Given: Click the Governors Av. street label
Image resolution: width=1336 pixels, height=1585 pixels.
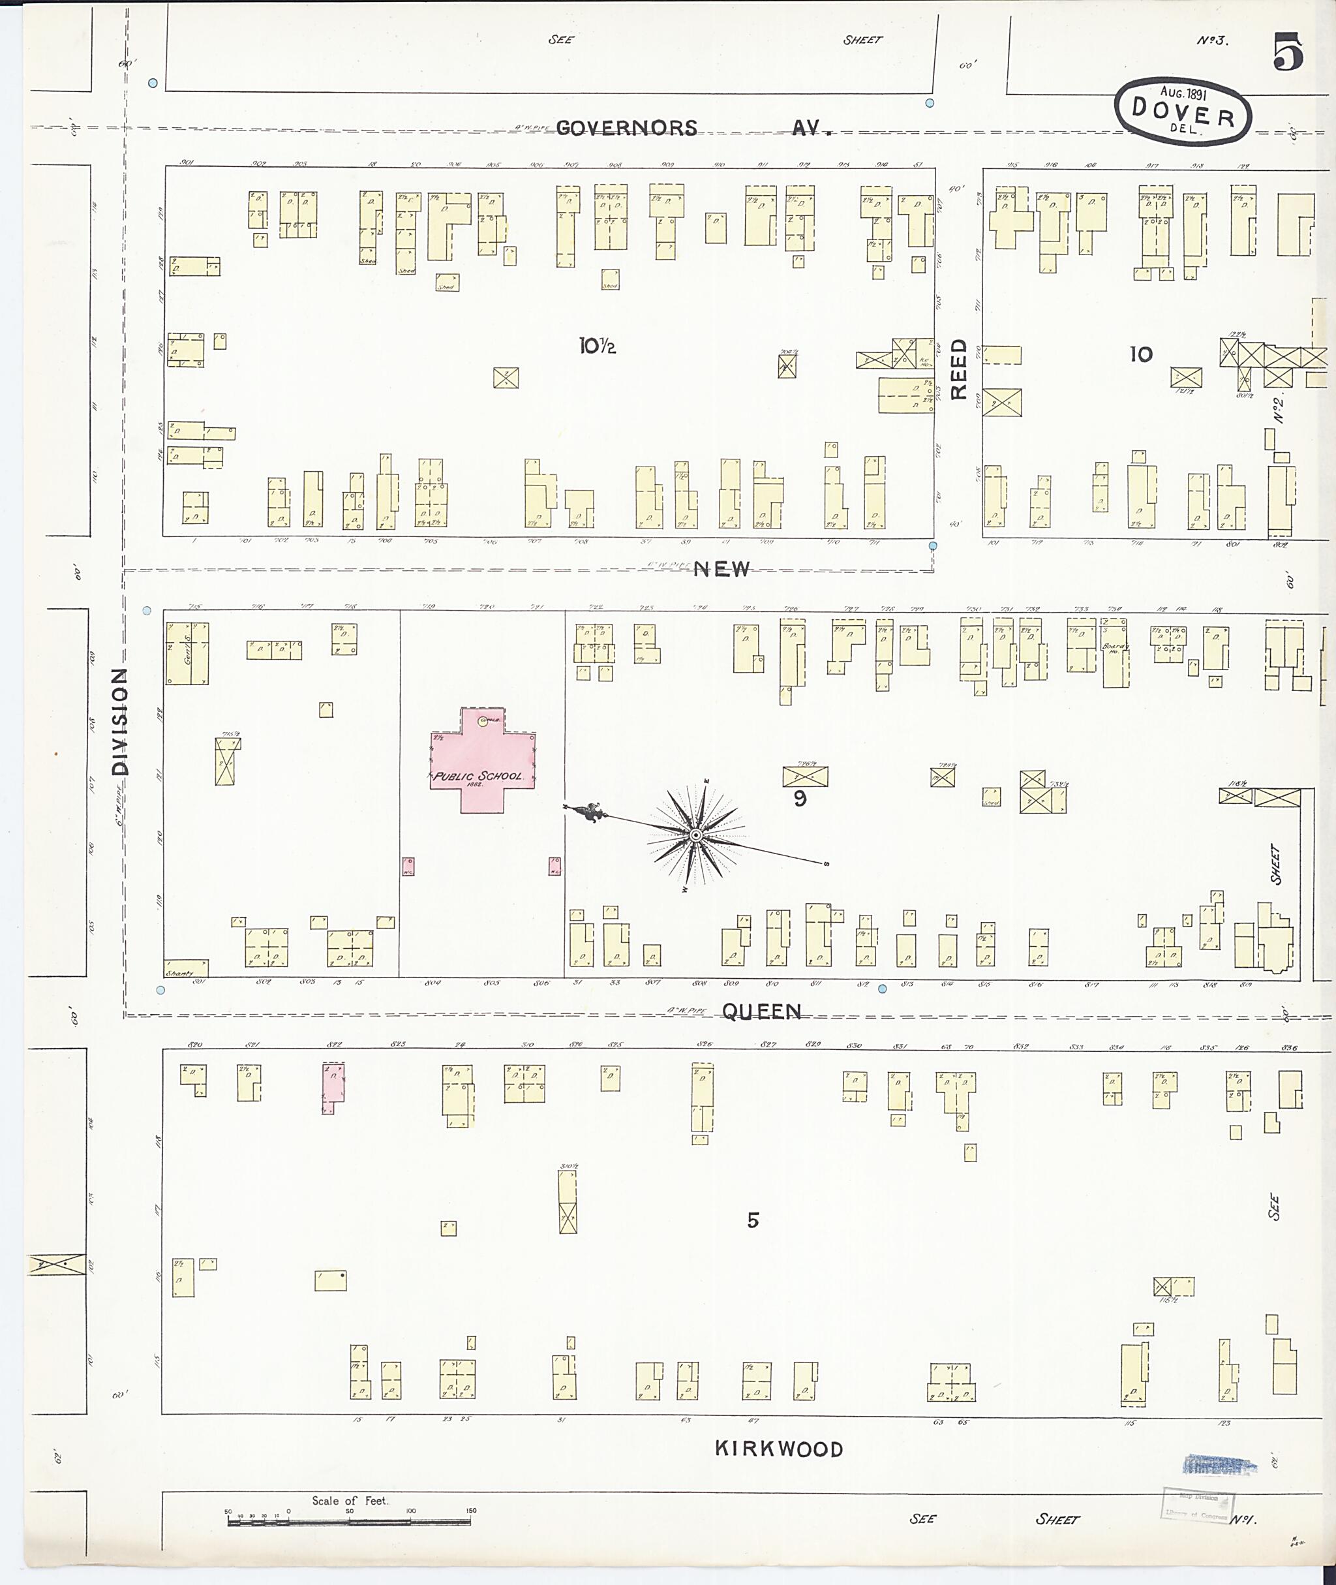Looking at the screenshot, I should coord(693,128).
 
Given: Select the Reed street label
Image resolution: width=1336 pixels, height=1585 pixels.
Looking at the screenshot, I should coord(959,369).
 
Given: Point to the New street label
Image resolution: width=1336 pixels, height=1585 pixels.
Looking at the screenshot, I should coord(721,569).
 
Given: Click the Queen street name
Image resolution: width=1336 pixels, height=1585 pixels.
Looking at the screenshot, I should coord(761,1011).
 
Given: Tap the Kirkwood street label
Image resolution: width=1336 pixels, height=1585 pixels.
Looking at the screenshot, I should coord(779,1449).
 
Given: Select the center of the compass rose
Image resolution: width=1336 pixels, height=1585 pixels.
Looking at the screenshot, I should coord(695,835).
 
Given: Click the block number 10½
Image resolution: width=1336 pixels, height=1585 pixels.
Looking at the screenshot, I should coord(598,346).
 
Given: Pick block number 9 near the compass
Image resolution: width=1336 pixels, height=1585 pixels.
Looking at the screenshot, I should coord(800,799).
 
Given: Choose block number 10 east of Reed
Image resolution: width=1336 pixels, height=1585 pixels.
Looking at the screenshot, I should coord(1140,354).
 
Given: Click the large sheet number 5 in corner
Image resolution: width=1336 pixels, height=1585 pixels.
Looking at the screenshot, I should coord(1288,52).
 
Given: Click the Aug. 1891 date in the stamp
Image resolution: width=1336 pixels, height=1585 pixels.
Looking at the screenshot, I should coord(1183,93).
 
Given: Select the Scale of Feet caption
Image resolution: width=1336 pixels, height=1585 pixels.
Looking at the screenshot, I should coord(349,1501).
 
